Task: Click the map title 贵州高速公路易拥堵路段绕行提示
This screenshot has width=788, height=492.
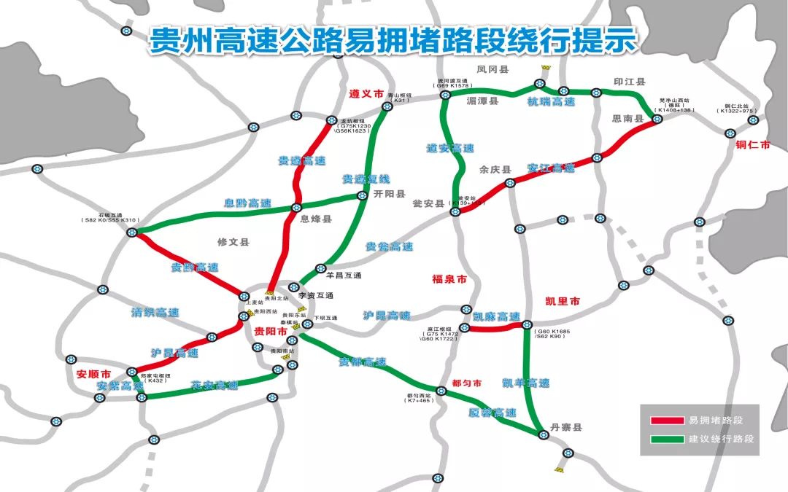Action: coord(393,41)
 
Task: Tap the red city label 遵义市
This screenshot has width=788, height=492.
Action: coord(366,95)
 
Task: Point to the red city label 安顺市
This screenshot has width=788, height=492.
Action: coord(93,375)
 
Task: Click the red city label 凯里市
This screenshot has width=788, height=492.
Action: coord(562,301)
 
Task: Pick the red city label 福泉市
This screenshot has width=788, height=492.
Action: coord(449,280)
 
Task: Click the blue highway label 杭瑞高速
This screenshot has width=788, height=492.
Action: coord(552,102)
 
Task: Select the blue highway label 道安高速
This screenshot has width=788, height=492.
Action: coord(450,148)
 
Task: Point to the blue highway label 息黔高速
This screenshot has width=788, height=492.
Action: coord(247,203)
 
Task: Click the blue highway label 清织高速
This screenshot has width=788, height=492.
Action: coord(155,313)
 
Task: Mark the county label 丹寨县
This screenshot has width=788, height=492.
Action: coord(565,428)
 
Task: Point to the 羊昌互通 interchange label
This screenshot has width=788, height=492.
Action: coord(344,276)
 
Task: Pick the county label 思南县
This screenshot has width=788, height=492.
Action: coord(627,118)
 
